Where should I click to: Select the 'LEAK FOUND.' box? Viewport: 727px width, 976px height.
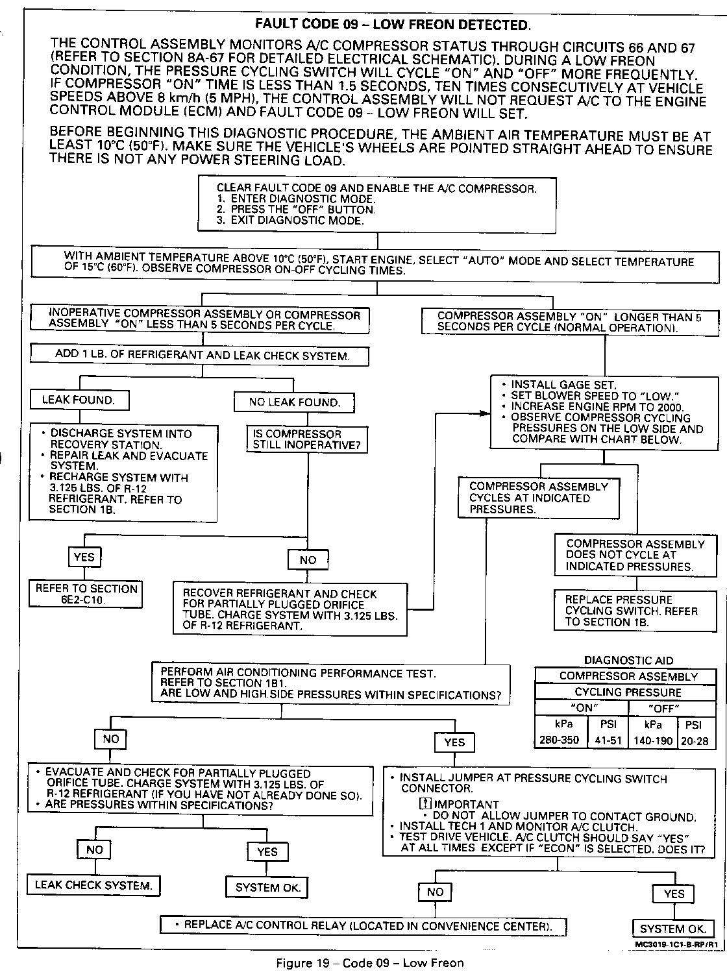(79, 400)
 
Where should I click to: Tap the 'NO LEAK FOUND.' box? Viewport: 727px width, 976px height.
(295, 402)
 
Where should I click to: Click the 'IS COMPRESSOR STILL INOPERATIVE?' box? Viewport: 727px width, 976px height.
(306, 439)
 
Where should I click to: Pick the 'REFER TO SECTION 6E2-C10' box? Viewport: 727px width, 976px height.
(86, 594)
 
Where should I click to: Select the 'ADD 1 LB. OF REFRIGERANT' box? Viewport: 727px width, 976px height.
(201, 356)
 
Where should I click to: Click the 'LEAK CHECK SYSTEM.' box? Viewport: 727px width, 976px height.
(93, 885)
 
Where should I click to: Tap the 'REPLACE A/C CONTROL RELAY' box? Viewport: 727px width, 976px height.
(363, 925)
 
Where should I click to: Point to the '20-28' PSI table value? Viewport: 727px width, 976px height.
(695, 740)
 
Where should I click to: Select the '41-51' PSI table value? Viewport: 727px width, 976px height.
(608, 740)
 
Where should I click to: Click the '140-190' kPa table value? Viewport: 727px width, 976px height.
(653, 740)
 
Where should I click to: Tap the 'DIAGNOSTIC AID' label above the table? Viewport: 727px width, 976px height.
(628, 661)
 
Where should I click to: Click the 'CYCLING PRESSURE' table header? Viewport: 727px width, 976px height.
(628, 692)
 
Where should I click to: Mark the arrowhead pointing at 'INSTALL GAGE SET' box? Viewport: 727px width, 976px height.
(486, 412)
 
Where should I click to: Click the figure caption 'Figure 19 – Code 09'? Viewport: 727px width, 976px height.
(370, 963)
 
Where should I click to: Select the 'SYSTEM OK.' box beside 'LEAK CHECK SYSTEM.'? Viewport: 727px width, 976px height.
(267, 887)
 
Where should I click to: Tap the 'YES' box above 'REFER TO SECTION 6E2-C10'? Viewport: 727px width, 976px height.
(84, 557)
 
